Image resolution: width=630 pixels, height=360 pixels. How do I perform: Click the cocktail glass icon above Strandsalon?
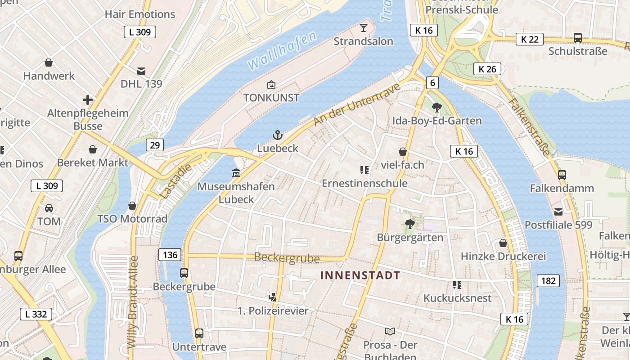tap(364, 28)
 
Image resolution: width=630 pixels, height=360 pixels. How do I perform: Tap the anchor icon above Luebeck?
tap(278, 135)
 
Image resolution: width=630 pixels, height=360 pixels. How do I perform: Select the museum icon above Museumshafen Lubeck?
tap(236, 173)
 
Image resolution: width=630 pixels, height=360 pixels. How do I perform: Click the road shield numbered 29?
tap(154, 145)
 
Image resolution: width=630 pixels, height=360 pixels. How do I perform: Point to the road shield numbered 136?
tap(170, 255)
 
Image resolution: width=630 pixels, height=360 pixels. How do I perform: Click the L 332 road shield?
tap(36, 314)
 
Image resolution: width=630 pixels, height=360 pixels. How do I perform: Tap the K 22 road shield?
tap(530, 39)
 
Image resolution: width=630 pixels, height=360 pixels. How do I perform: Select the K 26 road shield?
tap(487, 69)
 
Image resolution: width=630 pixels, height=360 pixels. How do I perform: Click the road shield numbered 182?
tap(548, 281)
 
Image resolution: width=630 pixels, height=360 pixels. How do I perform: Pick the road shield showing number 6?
tap(432, 83)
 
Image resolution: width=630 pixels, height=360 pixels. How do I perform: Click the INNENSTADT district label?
tap(360, 275)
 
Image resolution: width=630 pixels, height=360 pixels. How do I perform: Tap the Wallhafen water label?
tap(282, 51)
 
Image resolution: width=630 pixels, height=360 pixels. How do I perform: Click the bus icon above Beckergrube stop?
tap(184, 273)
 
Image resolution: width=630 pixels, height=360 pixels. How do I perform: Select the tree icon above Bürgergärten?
tap(409, 224)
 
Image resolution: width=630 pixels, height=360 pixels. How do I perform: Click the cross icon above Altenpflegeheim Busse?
tap(88, 100)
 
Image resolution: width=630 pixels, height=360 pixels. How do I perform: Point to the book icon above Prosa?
tap(390, 332)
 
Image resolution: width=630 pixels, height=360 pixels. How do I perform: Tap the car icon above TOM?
tap(49, 208)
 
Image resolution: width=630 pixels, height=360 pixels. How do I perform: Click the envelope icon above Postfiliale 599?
tap(558, 211)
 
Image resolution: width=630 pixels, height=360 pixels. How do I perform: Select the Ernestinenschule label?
tap(364, 184)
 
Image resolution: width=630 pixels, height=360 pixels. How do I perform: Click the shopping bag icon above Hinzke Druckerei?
tap(503, 243)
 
